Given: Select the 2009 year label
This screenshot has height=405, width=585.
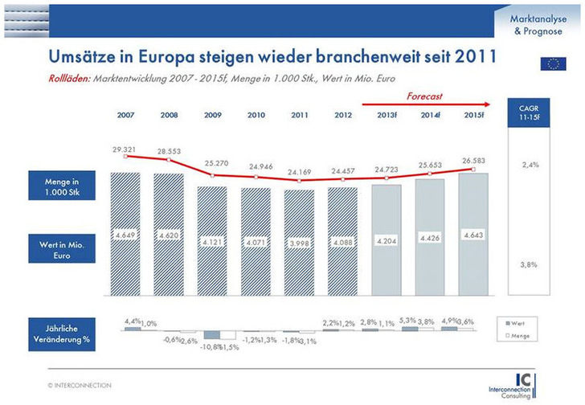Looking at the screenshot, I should tap(214, 114).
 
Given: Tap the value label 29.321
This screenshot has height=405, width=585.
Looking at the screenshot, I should tap(126, 148).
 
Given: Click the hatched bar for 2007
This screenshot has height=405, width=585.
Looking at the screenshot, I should tap(126, 233).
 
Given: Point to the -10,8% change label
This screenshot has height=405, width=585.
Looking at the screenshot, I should tap(211, 346).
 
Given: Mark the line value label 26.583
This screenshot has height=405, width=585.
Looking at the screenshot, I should tap(474, 158).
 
